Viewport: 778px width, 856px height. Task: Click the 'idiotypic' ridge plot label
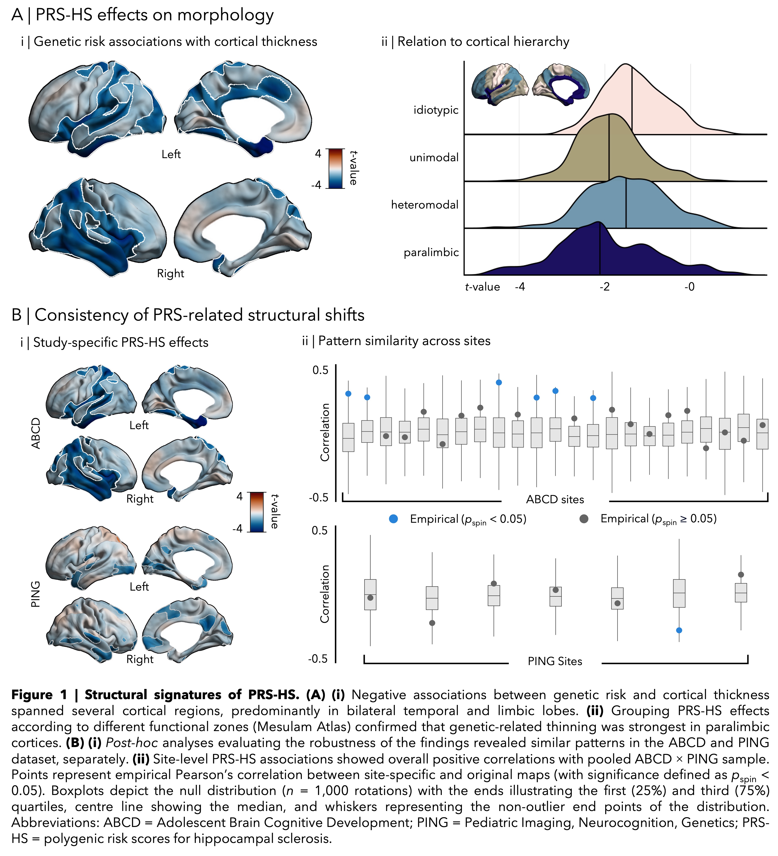point(436,110)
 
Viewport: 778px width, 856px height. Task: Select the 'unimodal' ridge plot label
point(434,158)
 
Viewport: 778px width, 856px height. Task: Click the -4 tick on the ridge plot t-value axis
point(520,287)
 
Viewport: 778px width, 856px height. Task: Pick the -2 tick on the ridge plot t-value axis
point(604,287)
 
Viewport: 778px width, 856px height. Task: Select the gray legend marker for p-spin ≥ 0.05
point(584,519)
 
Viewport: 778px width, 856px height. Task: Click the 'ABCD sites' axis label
point(555,499)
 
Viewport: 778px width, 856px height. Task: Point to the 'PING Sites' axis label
point(555,661)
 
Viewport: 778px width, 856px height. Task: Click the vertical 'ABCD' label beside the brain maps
point(36,433)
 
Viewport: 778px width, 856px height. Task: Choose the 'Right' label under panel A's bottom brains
point(171,274)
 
